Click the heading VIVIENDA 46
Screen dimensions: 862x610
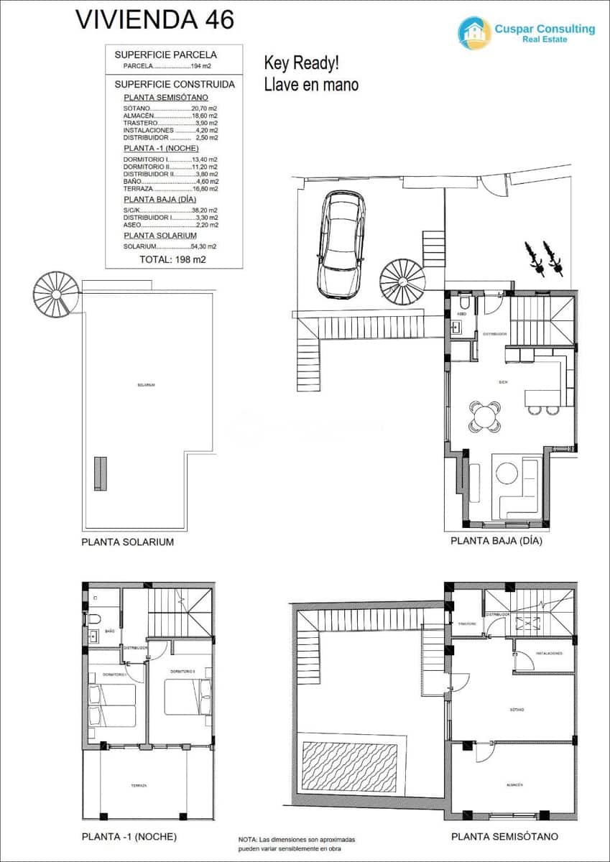click(x=154, y=19)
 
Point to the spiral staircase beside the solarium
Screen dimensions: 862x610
click(x=53, y=293)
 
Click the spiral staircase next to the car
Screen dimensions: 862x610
click(x=402, y=281)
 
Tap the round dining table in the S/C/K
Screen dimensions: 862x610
click(x=485, y=416)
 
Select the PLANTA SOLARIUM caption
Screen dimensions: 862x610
click(x=128, y=542)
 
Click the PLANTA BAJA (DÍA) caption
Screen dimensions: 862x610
click(x=496, y=541)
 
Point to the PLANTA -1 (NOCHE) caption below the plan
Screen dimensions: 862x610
click(x=129, y=836)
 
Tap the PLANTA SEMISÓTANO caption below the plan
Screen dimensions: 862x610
click(x=504, y=836)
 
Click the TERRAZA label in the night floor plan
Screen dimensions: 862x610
click(x=139, y=786)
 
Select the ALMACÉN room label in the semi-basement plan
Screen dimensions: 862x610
click(x=514, y=784)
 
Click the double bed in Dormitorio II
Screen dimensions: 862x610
click(x=188, y=697)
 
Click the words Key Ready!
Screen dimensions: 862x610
click(x=301, y=62)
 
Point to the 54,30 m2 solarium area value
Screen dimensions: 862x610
click(x=203, y=246)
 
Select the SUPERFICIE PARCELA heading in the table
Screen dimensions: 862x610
click(x=165, y=54)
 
